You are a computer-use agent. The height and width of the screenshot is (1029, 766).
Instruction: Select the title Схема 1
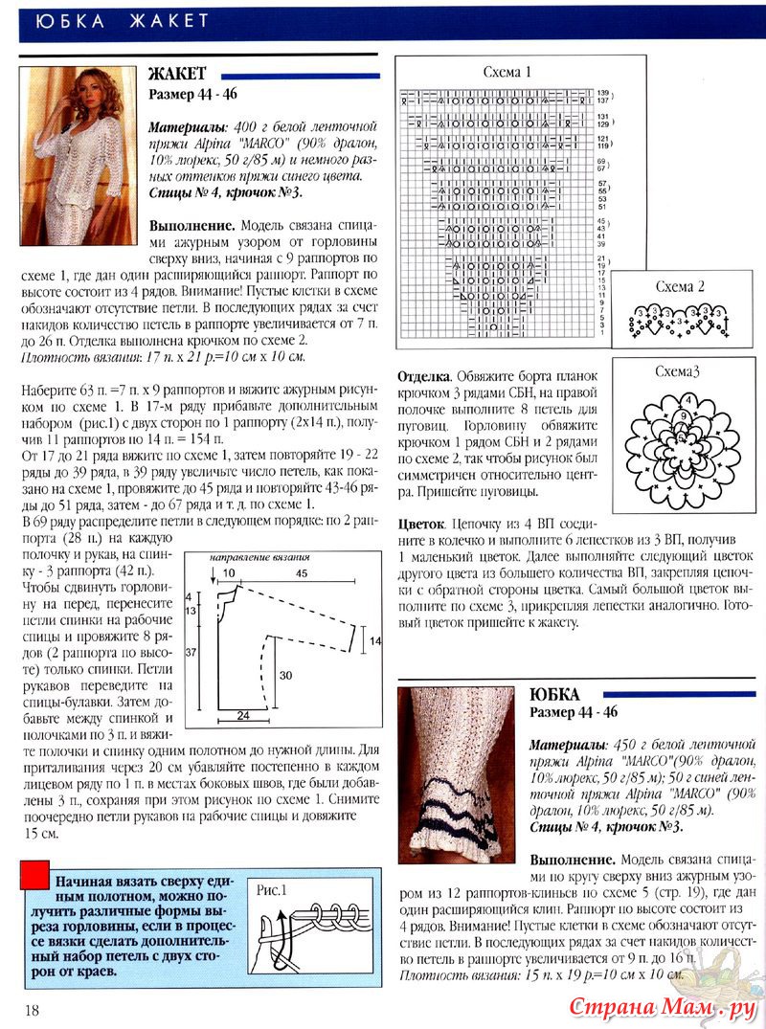tap(507, 72)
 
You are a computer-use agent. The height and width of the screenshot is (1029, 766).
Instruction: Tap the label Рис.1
tap(273, 889)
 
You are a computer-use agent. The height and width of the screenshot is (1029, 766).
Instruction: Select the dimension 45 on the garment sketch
tap(301, 573)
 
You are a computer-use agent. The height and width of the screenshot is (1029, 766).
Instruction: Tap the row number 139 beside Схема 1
tap(603, 91)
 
